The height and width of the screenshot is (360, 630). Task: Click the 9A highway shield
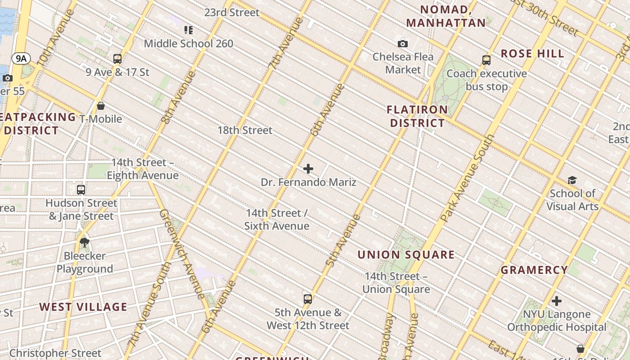[21, 58]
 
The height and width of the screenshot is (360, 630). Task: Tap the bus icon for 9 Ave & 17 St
[117, 59]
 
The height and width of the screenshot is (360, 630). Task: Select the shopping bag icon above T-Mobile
[101, 106]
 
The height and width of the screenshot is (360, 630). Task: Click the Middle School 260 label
[189, 44]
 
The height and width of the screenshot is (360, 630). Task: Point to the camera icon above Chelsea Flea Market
[403, 44]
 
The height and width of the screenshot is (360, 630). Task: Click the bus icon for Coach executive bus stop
[486, 60]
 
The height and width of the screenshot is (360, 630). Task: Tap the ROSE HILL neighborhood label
[532, 54]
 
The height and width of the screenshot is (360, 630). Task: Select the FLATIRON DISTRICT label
[417, 116]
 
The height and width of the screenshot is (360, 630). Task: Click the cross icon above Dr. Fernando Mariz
[308, 169]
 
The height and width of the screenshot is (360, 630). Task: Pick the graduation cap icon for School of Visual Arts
[572, 180]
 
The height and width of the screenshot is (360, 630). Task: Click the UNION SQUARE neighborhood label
[406, 255]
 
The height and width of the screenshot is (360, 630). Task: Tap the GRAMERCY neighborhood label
[534, 270]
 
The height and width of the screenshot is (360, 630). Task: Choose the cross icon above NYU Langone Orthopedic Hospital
[557, 301]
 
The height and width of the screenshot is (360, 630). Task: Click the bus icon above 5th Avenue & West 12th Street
[308, 299]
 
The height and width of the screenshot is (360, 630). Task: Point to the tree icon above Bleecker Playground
[84, 243]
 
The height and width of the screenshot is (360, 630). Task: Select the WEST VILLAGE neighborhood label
[83, 307]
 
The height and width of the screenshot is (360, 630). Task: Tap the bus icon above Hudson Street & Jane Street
[81, 190]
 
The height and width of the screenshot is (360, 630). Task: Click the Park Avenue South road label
[468, 178]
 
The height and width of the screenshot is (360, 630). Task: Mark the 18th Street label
[245, 130]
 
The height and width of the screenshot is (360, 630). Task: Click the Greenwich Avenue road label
[182, 254]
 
